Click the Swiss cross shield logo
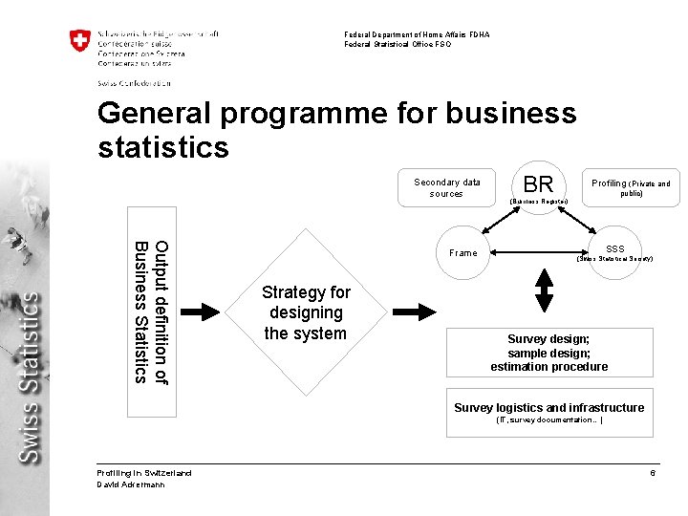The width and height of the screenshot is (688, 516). (x=80, y=42)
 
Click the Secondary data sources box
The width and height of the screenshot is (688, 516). (x=446, y=187)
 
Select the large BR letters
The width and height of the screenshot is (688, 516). (x=539, y=184)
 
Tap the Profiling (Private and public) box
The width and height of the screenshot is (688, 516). (x=631, y=187)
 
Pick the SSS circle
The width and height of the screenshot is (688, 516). (x=614, y=252)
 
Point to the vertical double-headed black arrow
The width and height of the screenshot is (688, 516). (x=546, y=290)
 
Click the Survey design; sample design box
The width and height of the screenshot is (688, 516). (x=548, y=353)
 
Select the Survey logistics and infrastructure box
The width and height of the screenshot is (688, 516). (x=548, y=412)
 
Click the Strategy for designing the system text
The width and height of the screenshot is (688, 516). (x=306, y=312)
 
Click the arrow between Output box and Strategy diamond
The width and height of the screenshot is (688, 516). (x=201, y=312)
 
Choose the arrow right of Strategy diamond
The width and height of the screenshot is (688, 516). (x=413, y=312)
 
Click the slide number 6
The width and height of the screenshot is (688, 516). (x=652, y=474)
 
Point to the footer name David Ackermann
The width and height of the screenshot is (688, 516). (x=131, y=484)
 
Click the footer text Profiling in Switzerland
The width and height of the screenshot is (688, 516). (x=144, y=473)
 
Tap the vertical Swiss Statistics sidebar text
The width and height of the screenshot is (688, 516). (x=31, y=377)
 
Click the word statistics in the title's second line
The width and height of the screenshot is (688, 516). (x=163, y=147)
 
